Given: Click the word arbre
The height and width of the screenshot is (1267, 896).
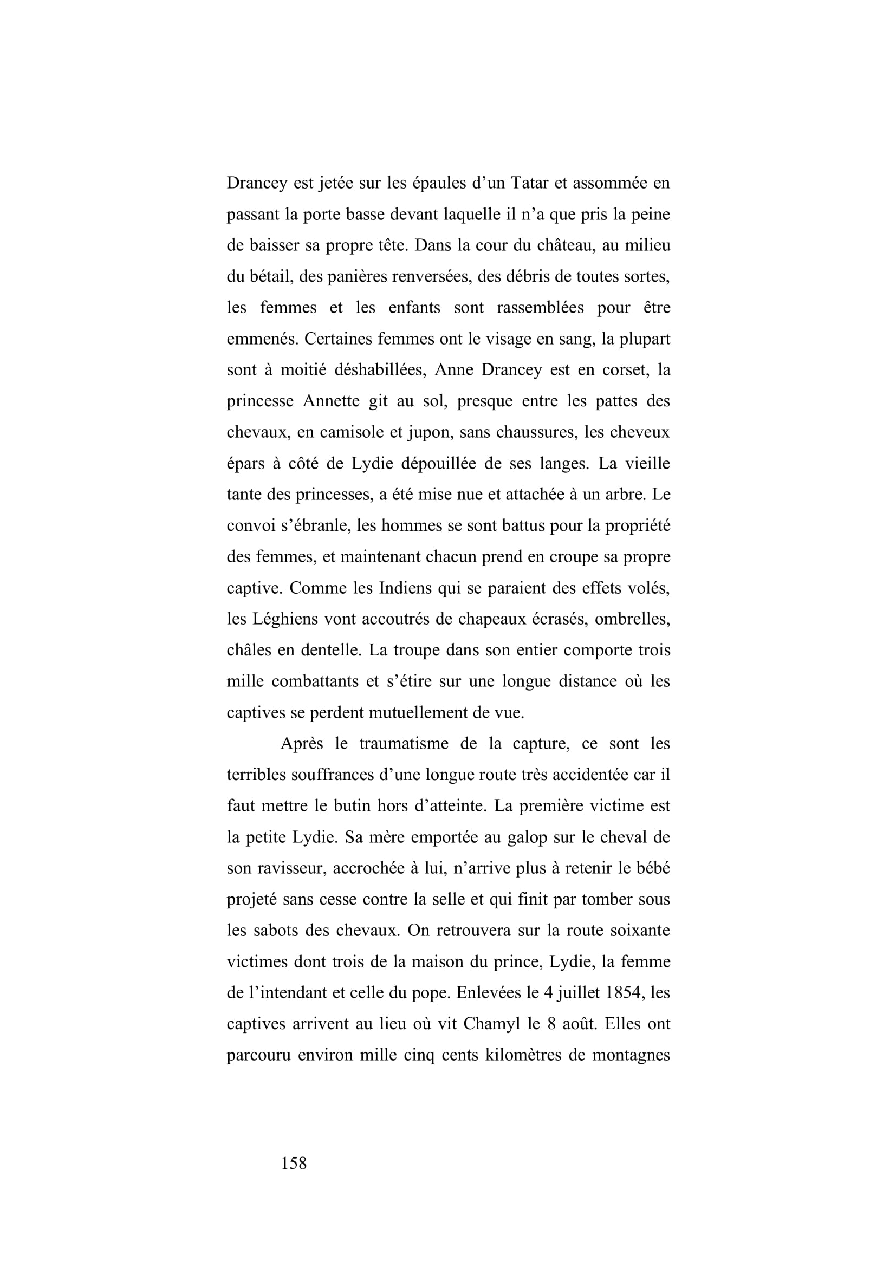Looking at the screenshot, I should tap(622, 494).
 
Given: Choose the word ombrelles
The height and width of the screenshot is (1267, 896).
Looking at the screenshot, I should tap(631, 619).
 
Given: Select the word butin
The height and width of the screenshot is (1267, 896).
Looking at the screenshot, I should tap(353, 805).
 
